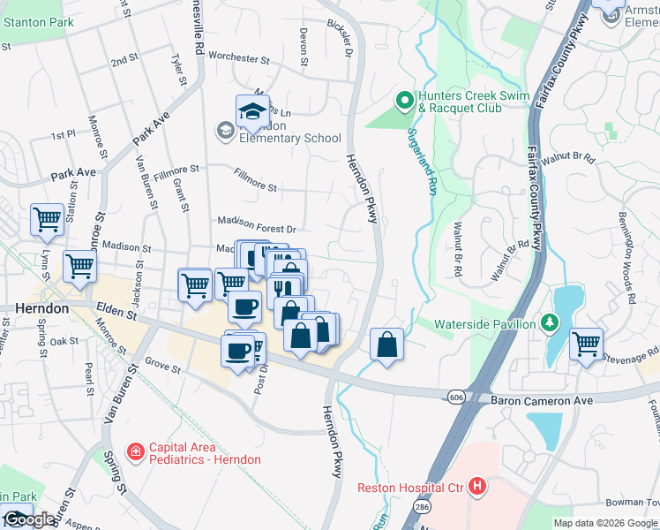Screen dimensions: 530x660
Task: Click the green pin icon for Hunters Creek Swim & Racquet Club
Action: [405, 102]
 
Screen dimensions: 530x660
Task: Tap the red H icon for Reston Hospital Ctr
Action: [477, 487]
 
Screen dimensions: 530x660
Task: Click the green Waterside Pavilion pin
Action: [551, 324]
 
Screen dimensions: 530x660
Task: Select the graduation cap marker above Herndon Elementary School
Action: [252, 111]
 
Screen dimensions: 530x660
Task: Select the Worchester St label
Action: [238, 58]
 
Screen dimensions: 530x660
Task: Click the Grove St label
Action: [161, 363]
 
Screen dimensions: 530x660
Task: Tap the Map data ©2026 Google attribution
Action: [604, 523]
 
